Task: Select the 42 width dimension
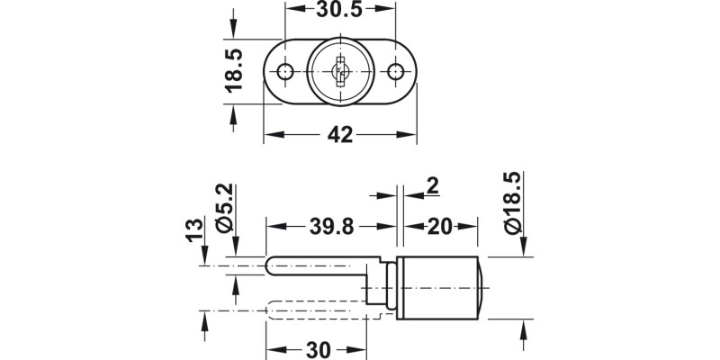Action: point(339,135)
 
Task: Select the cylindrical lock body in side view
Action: point(438,288)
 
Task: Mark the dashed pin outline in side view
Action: point(315,312)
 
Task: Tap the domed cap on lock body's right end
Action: point(485,288)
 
